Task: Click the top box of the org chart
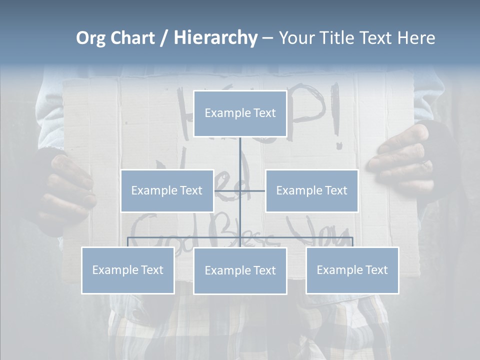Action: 240,113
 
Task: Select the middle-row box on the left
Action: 167,190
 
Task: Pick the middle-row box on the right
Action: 311,190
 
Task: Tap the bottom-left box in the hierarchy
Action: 128,270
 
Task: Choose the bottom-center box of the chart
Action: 240,270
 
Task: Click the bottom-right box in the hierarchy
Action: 352,270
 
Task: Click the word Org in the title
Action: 90,38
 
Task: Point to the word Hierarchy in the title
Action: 215,38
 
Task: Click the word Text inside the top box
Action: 263,113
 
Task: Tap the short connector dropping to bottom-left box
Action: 128,242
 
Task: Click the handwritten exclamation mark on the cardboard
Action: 336,122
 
